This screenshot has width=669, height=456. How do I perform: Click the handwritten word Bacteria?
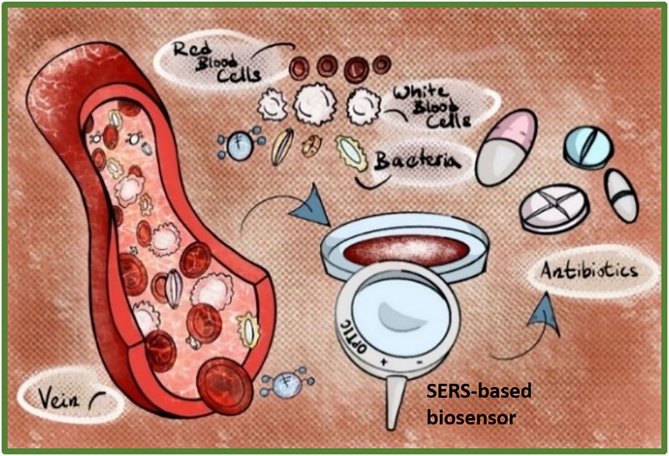pos(416,162)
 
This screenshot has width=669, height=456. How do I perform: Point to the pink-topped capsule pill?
pos(506,147)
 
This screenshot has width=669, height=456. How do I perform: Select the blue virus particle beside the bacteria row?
pos(240,146)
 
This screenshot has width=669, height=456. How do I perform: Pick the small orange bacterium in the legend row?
pos(312,146)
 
